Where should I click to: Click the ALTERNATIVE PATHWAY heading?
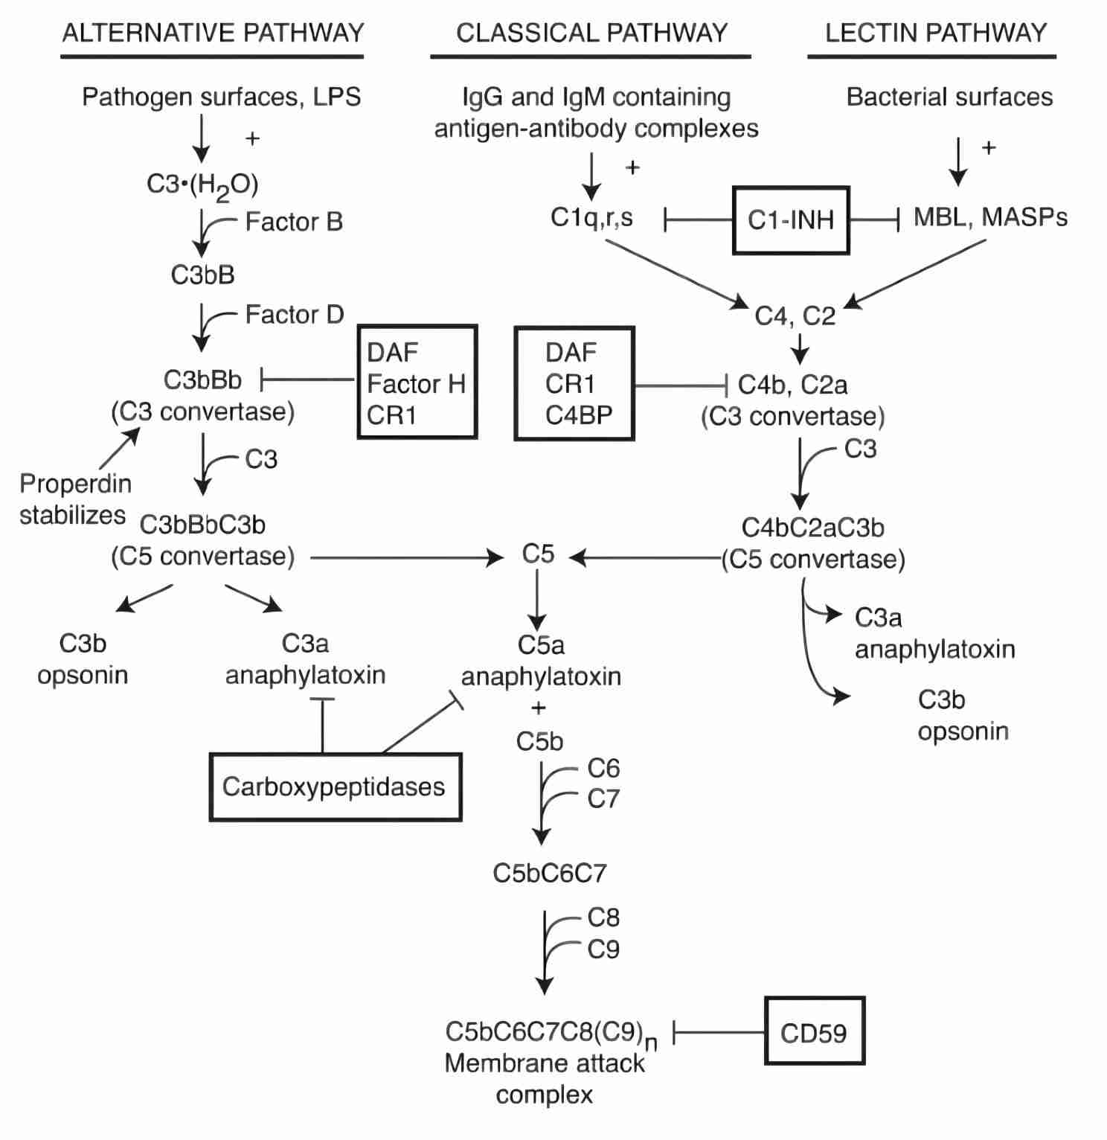pyautogui.click(x=213, y=33)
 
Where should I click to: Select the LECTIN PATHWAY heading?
pyautogui.click(x=936, y=33)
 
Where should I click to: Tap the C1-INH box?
pyautogui.click(x=790, y=220)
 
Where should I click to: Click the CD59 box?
pyautogui.click(x=814, y=1032)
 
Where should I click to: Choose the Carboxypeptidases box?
pyautogui.click(x=335, y=787)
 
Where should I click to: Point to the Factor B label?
pyautogui.click(x=294, y=222)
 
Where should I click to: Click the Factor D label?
pyautogui.click(x=295, y=315)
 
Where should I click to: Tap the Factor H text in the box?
pyautogui.click(x=416, y=384)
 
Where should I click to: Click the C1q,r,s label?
pyautogui.click(x=591, y=217)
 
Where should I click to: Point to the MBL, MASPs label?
pyautogui.click(x=990, y=217)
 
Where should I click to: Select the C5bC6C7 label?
pyautogui.click(x=550, y=873)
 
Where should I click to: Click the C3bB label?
pyautogui.click(x=202, y=275)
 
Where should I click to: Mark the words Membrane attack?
pyautogui.click(x=545, y=1063)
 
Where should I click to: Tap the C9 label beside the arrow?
pyautogui.click(x=603, y=950)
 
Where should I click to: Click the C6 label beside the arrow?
pyautogui.click(x=603, y=768)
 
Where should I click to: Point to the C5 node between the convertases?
pyautogui.click(x=538, y=554)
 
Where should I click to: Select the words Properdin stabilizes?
pyautogui.click(x=74, y=499)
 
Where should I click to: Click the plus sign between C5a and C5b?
pyautogui.click(x=539, y=708)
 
